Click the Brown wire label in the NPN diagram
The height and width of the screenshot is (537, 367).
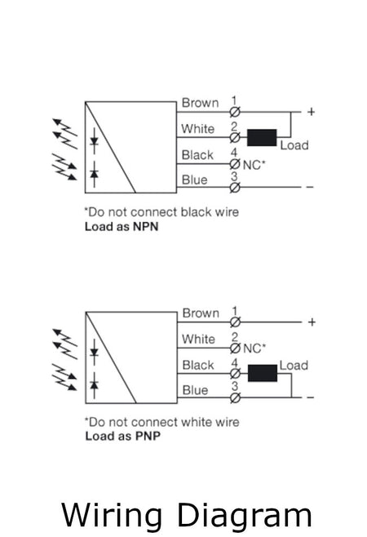[200, 103]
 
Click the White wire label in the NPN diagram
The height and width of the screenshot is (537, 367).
[198, 129]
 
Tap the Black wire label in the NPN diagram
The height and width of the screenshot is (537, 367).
[198, 155]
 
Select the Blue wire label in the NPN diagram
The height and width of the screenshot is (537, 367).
[195, 180]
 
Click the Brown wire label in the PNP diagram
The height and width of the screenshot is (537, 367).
[201, 313]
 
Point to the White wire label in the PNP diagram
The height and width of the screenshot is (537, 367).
[199, 340]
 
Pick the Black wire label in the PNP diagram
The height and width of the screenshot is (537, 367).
[198, 365]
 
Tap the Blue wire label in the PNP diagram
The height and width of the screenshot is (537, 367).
[195, 390]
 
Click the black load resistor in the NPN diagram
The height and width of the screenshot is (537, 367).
[262, 137]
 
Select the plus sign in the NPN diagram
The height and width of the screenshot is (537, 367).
[310, 111]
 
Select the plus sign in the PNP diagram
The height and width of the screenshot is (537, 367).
[311, 322]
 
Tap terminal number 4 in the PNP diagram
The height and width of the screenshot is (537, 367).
[235, 361]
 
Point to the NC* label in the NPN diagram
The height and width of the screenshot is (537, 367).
[254, 165]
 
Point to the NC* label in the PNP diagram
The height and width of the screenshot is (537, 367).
[255, 348]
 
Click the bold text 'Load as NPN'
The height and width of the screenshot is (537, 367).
[122, 228]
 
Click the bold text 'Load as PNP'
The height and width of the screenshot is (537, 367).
[122, 437]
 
